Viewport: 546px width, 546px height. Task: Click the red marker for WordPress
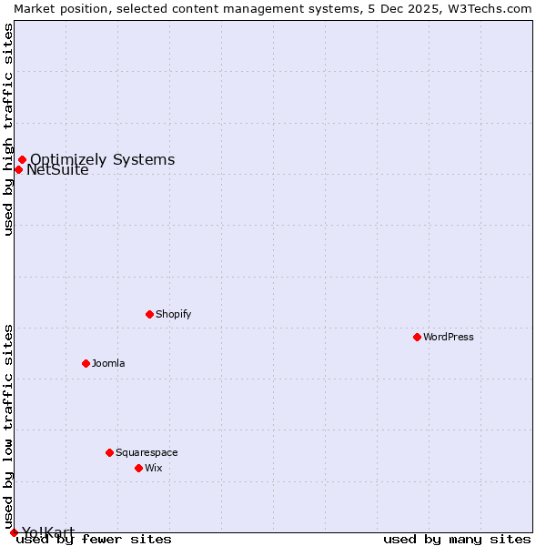coord(417,337)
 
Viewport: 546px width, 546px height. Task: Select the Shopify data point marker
coord(149,314)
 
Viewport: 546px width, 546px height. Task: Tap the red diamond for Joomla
coord(86,363)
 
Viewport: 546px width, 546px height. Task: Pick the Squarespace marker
coord(109,452)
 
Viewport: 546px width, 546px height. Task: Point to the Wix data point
coord(138,468)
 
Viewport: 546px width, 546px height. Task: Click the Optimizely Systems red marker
coord(22,160)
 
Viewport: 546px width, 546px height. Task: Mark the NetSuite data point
coord(18,169)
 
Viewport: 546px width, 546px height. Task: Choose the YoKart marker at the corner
coord(14,532)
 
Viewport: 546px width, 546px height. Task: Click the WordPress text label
coord(449,337)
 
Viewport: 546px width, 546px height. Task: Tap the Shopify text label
coord(173,314)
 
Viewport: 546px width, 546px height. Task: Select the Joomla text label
coord(108,363)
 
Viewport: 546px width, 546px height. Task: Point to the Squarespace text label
coord(147,452)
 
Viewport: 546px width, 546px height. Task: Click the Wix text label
coord(153,468)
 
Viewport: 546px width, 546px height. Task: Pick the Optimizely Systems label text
coord(102,160)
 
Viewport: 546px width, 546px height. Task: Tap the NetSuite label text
coord(57,170)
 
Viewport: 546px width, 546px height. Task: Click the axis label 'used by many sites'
coord(457,539)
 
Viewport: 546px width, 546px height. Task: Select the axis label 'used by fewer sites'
coord(94,539)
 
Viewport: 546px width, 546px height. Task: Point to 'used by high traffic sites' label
coord(8,129)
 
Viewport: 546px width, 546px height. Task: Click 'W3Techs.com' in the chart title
coord(493,8)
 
